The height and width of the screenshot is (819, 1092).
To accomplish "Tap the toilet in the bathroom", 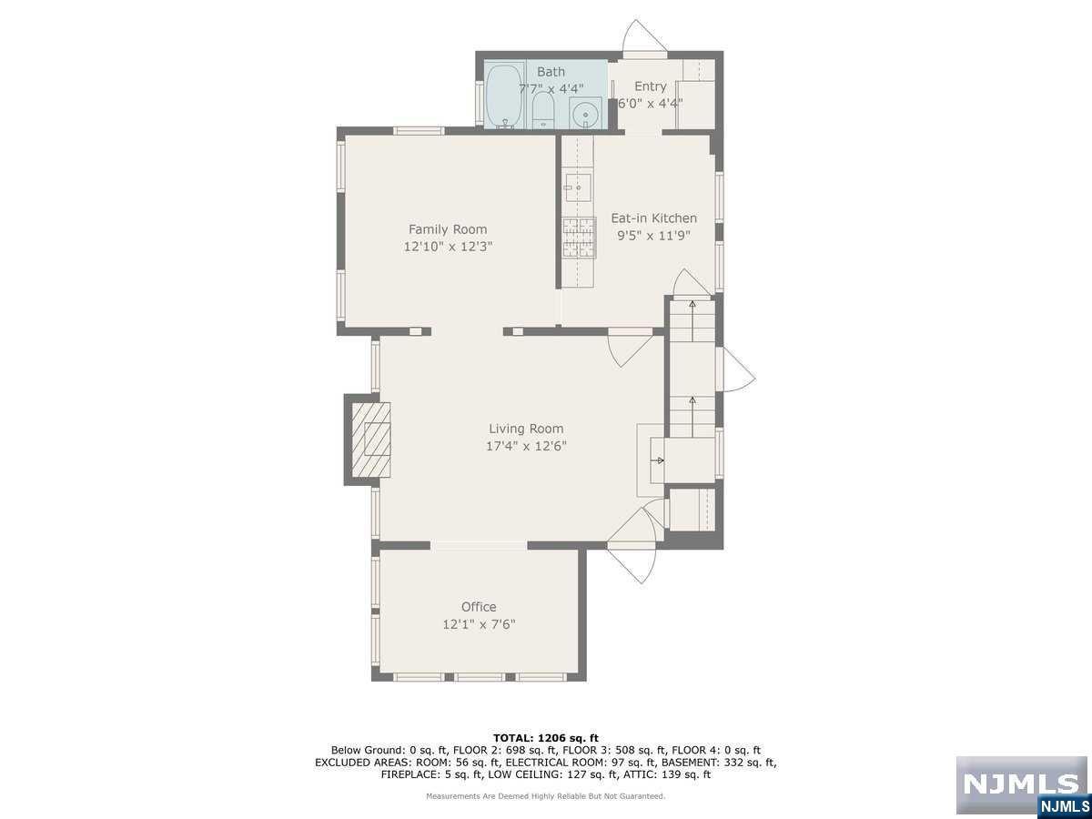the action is pyautogui.click(x=543, y=110).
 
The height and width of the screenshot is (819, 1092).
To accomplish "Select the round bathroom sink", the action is pyautogui.click(x=585, y=114).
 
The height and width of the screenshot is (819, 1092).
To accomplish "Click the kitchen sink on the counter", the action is pyautogui.click(x=578, y=187).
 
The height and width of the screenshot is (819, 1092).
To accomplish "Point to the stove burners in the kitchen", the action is pyautogui.click(x=579, y=238).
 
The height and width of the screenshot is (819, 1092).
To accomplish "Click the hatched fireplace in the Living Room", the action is pyautogui.click(x=371, y=440).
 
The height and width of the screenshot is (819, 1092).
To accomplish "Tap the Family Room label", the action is pyautogui.click(x=448, y=229).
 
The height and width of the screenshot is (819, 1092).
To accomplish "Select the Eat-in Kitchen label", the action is pyautogui.click(x=653, y=218).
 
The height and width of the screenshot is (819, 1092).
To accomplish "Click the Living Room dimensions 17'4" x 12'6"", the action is pyautogui.click(x=526, y=446).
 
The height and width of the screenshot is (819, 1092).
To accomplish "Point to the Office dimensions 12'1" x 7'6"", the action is pyautogui.click(x=479, y=624).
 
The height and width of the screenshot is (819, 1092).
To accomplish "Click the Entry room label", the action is pyautogui.click(x=651, y=86).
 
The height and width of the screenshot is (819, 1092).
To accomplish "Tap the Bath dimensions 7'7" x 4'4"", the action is pyautogui.click(x=551, y=89).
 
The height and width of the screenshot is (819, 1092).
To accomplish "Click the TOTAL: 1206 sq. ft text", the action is pyautogui.click(x=546, y=738).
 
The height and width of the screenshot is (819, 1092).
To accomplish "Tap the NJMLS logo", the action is pyautogui.click(x=1021, y=784).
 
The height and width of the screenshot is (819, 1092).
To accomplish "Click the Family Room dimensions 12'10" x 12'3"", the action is pyautogui.click(x=448, y=247).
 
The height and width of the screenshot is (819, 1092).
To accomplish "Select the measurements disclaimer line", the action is pyautogui.click(x=546, y=796).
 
